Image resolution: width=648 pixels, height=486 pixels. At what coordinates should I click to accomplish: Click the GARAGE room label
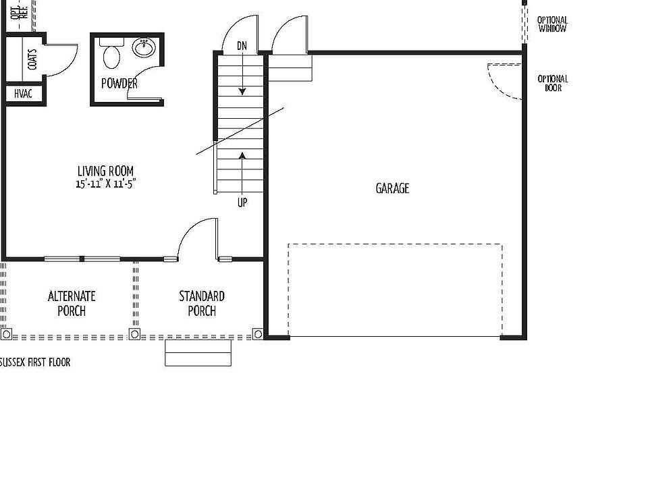pos(392,188)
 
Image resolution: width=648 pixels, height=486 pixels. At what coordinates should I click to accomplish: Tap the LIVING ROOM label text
pos(105,171)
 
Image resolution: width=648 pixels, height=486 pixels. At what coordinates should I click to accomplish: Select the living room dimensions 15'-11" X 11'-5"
pos(107,184)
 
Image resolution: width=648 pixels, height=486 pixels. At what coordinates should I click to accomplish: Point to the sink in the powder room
pos(144,47)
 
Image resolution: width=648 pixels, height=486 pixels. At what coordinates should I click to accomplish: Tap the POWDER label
pos(119,84)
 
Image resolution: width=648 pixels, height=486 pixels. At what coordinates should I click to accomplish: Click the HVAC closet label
pos(24,94)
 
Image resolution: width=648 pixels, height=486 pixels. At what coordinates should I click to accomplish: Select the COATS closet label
pos(32,59)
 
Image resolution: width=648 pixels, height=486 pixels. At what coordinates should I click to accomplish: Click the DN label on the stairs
pos(242,46)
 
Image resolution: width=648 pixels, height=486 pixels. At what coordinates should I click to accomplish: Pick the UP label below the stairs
pos(242,202)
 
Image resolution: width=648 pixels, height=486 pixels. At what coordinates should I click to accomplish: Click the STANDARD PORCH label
pos(202,303)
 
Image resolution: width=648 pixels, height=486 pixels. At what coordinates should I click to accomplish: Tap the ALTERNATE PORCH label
pos(72,303)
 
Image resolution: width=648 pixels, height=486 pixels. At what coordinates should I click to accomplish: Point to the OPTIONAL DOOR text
pos(552,83)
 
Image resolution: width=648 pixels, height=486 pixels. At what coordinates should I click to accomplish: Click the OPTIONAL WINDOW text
pos(552,24)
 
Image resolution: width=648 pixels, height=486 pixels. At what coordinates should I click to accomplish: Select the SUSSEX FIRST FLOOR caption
pos(35,362)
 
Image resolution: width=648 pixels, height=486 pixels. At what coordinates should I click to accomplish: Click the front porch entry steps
pos(198,353)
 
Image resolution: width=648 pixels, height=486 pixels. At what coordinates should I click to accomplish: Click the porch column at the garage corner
pos(257,333)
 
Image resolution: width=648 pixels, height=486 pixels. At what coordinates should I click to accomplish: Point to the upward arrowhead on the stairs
pos(242,156)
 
